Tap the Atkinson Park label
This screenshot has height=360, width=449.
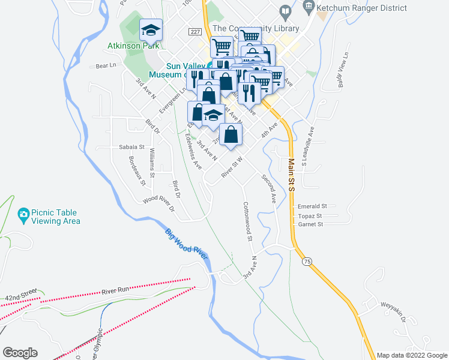(x=133, y=46)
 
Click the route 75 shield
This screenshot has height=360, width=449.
(x=307, y=262)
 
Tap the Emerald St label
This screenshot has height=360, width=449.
(x=312, y=205)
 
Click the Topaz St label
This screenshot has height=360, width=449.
(x=310, y=215)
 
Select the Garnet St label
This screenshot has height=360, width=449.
(x=310, y=224)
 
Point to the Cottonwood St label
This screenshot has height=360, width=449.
(x=247, y=221)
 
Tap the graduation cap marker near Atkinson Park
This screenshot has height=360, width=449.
(x=151, y=29)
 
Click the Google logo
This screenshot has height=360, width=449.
(x=20, y=353)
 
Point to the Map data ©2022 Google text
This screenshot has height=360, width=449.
(x=412, y=355)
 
